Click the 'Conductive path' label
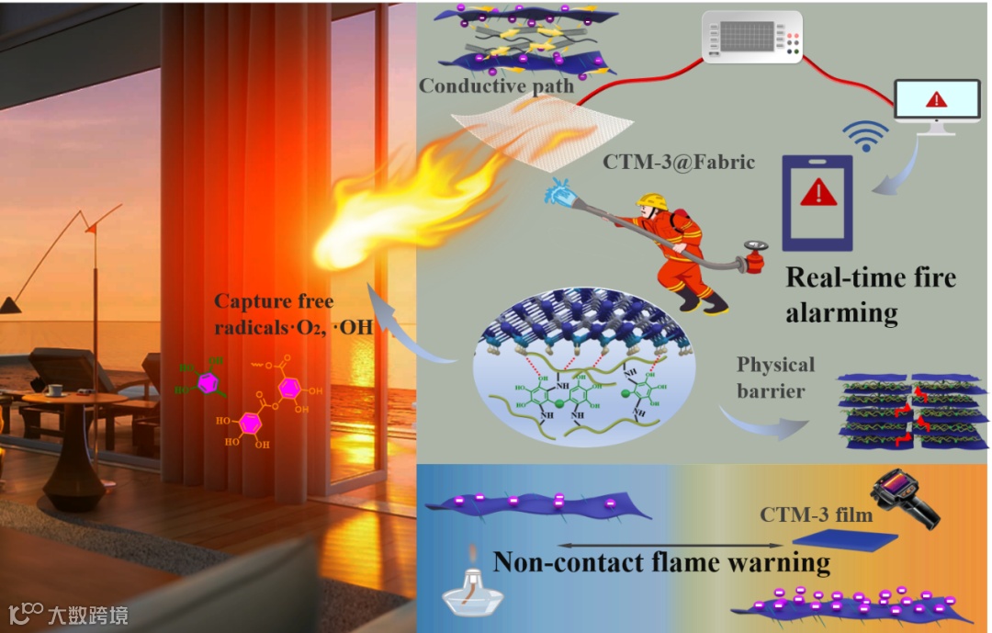[497, 86]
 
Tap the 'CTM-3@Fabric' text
[679, 163]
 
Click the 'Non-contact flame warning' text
[661, 560]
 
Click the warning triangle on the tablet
[817, 194]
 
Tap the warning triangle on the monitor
[935, 99]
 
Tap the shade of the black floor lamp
[11, 304]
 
